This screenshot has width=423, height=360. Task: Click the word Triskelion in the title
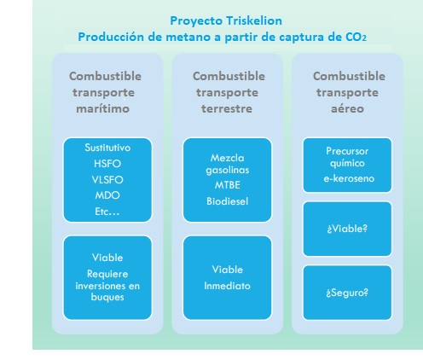(x=254, y=20)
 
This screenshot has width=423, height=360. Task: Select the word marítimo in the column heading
(x=103, y=108)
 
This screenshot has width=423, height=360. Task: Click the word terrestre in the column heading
(x=227, y=108)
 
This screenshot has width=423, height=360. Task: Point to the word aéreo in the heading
(x=347, y=108)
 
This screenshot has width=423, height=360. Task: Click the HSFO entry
(x=107, y=164)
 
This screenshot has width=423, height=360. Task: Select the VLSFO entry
(x=107, y=180)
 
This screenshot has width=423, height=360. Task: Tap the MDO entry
(x=107, y=195)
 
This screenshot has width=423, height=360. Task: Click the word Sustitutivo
(x=107, y=148)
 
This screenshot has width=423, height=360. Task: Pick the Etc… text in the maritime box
(x=107, y=212)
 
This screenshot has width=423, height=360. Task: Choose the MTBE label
(x=228, y=185)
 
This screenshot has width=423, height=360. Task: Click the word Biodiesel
(x=228, y=201)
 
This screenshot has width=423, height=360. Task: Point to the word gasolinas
(x=228, y=170)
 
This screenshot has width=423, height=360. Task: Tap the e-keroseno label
(x=349, y=178)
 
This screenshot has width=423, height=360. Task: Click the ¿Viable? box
(x=347, y=229)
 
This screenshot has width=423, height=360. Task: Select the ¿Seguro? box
(x=347, y=293)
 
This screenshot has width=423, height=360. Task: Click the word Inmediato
(x=227, y=286)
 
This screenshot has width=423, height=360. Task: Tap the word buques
(x=107, y=297)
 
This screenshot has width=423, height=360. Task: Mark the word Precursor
(x=347, y=151)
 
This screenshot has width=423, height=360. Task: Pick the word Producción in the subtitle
(x=111, y=37)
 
